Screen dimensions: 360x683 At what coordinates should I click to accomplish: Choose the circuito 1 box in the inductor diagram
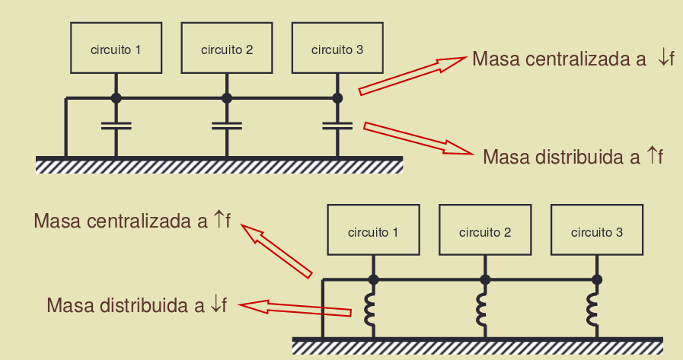tap(373, 230)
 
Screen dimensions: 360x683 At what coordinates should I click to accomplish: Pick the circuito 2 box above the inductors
tap(485, 230)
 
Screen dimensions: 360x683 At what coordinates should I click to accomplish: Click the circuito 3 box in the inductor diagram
tap(597, 230)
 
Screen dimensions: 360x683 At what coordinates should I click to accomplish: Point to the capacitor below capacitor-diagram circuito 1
tap(116, 126)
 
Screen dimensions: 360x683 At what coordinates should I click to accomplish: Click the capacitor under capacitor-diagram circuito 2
tap(227, 126)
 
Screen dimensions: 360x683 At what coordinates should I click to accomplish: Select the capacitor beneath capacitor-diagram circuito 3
tap(337, 126)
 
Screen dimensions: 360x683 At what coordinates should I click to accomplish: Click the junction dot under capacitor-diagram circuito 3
tap(337, 98)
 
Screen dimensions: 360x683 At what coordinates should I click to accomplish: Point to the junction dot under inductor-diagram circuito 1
tap(373, 280)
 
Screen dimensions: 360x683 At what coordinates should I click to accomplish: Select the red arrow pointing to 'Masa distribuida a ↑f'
tap(418, 138)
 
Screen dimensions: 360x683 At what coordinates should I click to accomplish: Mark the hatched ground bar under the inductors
tap(477, 346)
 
